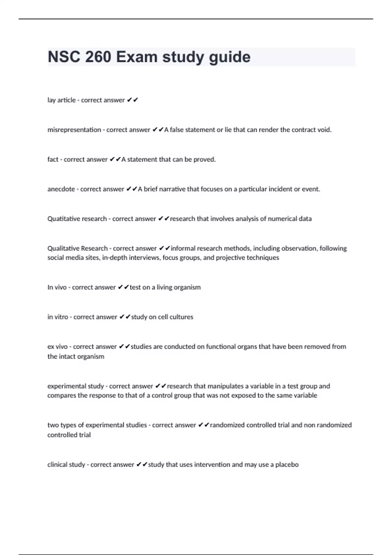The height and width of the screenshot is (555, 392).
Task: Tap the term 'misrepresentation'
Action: click(x=74, y=130)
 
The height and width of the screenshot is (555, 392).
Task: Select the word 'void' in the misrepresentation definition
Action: click(x=324, y=130)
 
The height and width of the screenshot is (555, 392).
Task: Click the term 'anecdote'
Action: click(x=61, y=189)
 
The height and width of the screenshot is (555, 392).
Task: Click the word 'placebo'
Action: click(x=287, y=465)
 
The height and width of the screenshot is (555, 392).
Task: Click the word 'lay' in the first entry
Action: click(x=51, y=100)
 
